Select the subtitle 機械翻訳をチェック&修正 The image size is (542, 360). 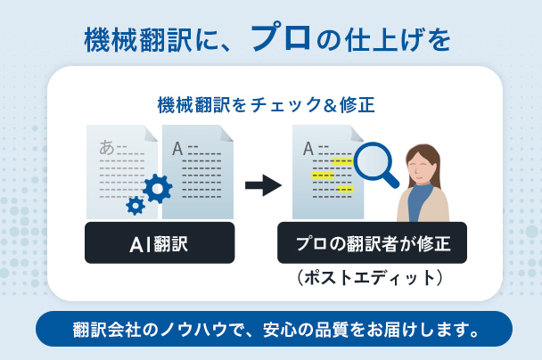click(x=264, y=104)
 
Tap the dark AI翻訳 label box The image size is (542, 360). click(x=160, y=242)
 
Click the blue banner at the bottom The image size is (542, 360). click(x=274, y=329)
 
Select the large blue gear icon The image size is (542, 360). click(x=158, y=187)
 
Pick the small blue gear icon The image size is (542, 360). click(x=135, y=206)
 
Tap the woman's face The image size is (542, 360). click(x=421, y=166)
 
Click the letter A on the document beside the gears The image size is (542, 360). click(x=177, y=148)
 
